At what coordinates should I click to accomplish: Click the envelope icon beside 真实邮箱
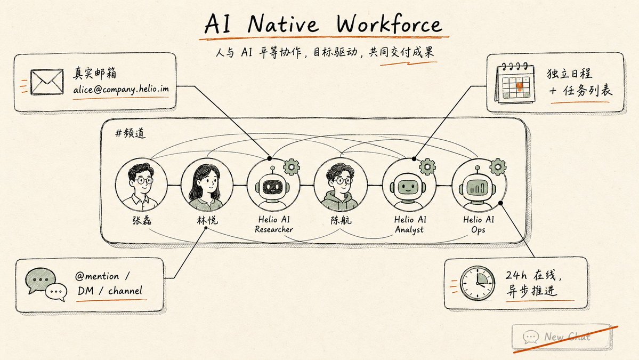click(47, 82)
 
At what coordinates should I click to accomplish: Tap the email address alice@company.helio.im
click(121, 89)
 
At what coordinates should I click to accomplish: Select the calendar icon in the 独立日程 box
click(514, 83)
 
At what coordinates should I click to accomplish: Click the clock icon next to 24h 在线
click(477, 283)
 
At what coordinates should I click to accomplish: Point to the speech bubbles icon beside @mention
click(46, 285)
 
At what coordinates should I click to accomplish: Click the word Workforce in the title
click(389, 25)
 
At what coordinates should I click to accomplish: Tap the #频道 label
click(130, 133)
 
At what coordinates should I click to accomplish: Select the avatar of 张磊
click(141, 185)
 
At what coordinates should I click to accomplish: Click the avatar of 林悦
click(207, 185)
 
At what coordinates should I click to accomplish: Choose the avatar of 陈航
click(340, 185)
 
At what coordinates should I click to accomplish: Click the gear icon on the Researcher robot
click(292, 167)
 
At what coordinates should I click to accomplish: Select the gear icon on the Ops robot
click(498, 167)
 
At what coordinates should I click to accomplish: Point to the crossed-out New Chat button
click(562, 337)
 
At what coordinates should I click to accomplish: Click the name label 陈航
click(341, 221)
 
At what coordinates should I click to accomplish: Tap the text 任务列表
click(588, 90)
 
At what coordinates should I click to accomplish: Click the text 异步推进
click(531, 291)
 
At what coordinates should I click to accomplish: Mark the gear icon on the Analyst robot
click(427, 167)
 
